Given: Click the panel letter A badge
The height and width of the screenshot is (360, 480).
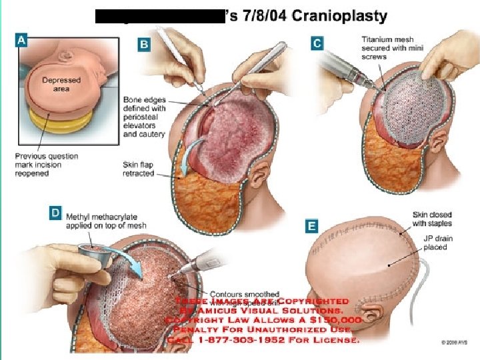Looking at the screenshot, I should coord(21,41).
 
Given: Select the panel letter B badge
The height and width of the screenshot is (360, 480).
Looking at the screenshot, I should coord(144,44).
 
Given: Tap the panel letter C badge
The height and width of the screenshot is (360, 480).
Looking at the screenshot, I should coord(318,43).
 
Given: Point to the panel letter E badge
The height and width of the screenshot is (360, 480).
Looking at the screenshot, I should coord(311,227).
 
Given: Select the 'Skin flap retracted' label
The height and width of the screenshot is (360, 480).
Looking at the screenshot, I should coord(139,169).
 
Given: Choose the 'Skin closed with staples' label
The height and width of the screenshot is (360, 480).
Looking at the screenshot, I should coord(432,219).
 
